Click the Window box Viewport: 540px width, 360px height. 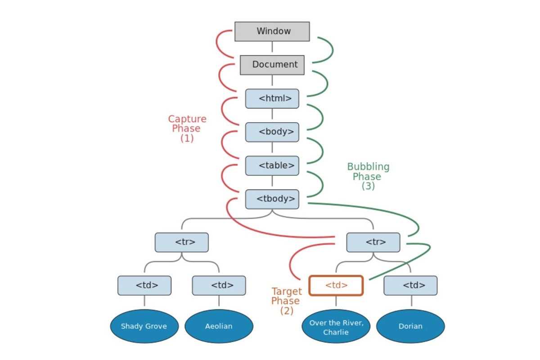(x=272, y=31)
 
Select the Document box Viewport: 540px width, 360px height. (x=272, y=65)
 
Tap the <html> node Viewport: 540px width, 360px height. (x=272, y=99)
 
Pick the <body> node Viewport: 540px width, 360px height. (x=272, y=132)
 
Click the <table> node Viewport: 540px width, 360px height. (x=272, y=166)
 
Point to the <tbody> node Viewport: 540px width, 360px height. (x=272, y=199)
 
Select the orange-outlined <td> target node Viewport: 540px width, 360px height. (x=336, y=285)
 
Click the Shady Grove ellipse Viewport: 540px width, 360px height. (x=144, y=326)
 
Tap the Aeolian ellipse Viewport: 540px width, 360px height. (x=219, y=326)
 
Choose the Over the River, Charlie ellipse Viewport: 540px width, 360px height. (x=336, y=326)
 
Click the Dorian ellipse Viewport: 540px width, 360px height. (x=410, y=326)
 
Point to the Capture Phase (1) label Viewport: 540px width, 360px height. (x=187, y=129)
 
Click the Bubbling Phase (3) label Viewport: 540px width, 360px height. (x=368, y=176)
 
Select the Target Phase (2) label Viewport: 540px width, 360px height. (x=286, y=301)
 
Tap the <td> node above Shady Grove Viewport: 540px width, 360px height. (x=144, y=285)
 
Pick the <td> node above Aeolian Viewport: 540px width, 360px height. (x=219, y=285)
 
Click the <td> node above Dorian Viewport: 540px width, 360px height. (x=410, y=285)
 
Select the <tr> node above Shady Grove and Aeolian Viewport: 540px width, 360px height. (x=181, y=242)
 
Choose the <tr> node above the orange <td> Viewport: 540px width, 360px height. (x=373, y=242)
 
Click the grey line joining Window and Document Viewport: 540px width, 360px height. (x=272, y=48)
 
